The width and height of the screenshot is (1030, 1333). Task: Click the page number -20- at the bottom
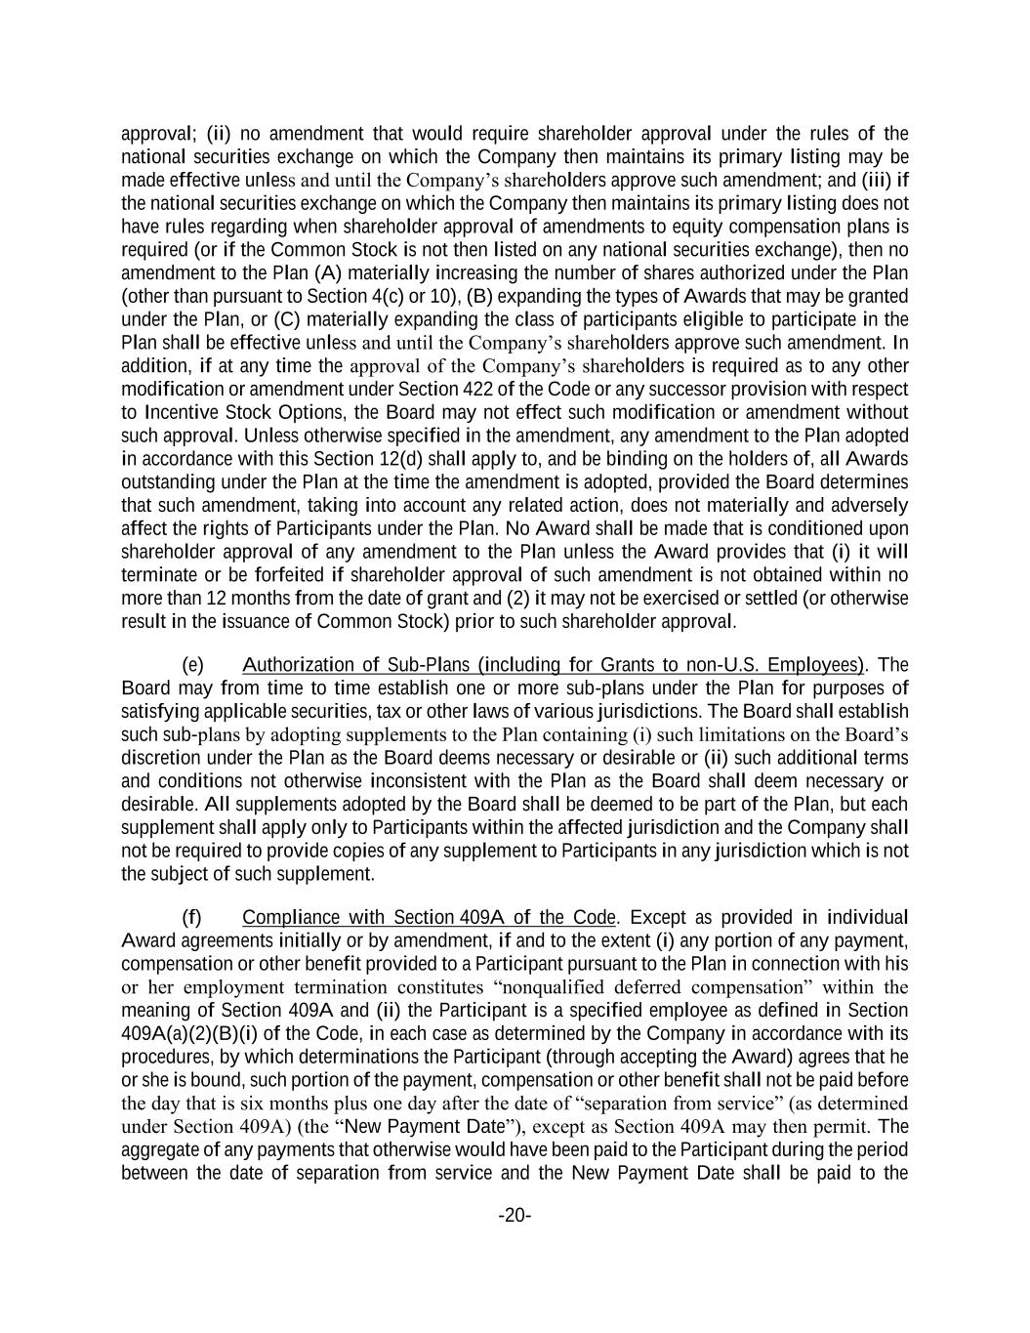[x=515, y=1215]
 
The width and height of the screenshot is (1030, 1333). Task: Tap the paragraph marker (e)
[x=192, y=665]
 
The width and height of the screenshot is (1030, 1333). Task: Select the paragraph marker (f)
[x=192, y=917]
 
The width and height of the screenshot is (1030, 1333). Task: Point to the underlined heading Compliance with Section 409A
[x=429, y=917]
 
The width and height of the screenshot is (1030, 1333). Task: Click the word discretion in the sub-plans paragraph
[x=157, y=758]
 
